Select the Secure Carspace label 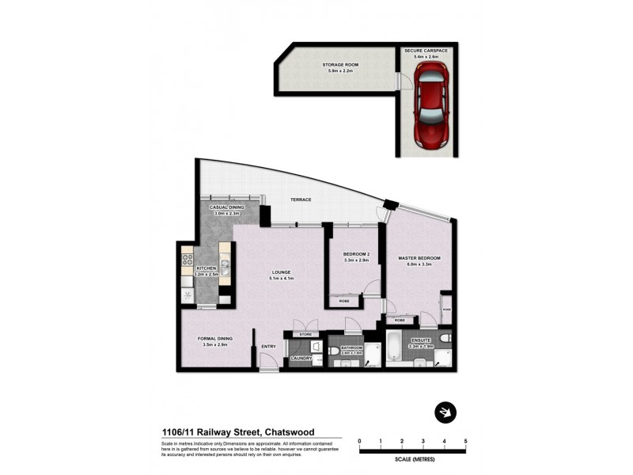[426, 53]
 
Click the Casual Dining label [226, 210]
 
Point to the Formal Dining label [214, 340]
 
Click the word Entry [268, 345]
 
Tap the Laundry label [301, 359]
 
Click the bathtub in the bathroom [395, 347]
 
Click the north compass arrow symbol [446, 412]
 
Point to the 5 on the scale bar [465, 440]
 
